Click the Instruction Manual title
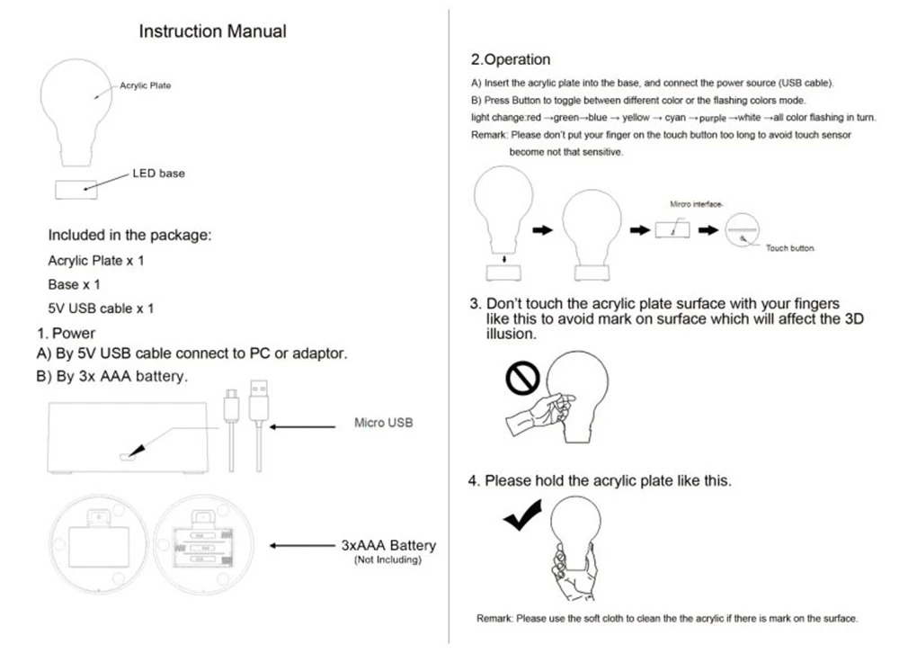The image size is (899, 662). click(212, 31)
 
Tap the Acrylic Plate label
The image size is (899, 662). click(145, 85)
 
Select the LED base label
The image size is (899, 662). click(158, 173)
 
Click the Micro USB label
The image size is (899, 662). click(383, 423)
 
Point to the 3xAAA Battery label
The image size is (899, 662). click(388, 545)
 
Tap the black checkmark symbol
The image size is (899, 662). click(522, 516)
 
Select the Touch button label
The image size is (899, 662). click(789, 247)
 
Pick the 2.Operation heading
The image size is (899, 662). click(511, 59)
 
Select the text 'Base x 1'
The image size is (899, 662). click(74, 284)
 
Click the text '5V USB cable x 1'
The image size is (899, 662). click(101, 309)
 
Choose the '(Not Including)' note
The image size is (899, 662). click(387, 560)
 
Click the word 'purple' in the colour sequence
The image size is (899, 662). click(712, 118)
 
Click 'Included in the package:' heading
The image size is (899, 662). click(129, 236)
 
